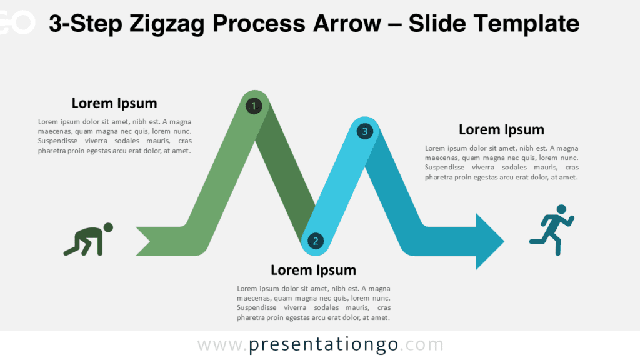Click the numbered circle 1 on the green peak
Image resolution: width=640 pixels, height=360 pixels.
[x=254, y=106]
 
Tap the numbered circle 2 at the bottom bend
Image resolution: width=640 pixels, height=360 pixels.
[x=316, y=241]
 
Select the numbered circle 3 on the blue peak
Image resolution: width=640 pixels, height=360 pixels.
[x=364, y=131]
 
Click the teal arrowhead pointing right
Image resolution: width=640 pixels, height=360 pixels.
[x=489, y=241]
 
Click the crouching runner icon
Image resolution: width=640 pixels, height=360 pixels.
[x=89, y=240]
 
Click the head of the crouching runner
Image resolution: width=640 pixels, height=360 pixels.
[x=108, y=227]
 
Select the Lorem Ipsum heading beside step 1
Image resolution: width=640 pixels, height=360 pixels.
[x=114, y=103]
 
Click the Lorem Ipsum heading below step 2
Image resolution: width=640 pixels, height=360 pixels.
[x=313, y=270]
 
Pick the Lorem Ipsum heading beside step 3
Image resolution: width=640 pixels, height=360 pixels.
[x=501, y=129]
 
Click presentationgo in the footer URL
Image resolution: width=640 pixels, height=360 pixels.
[x=324, y=345]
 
